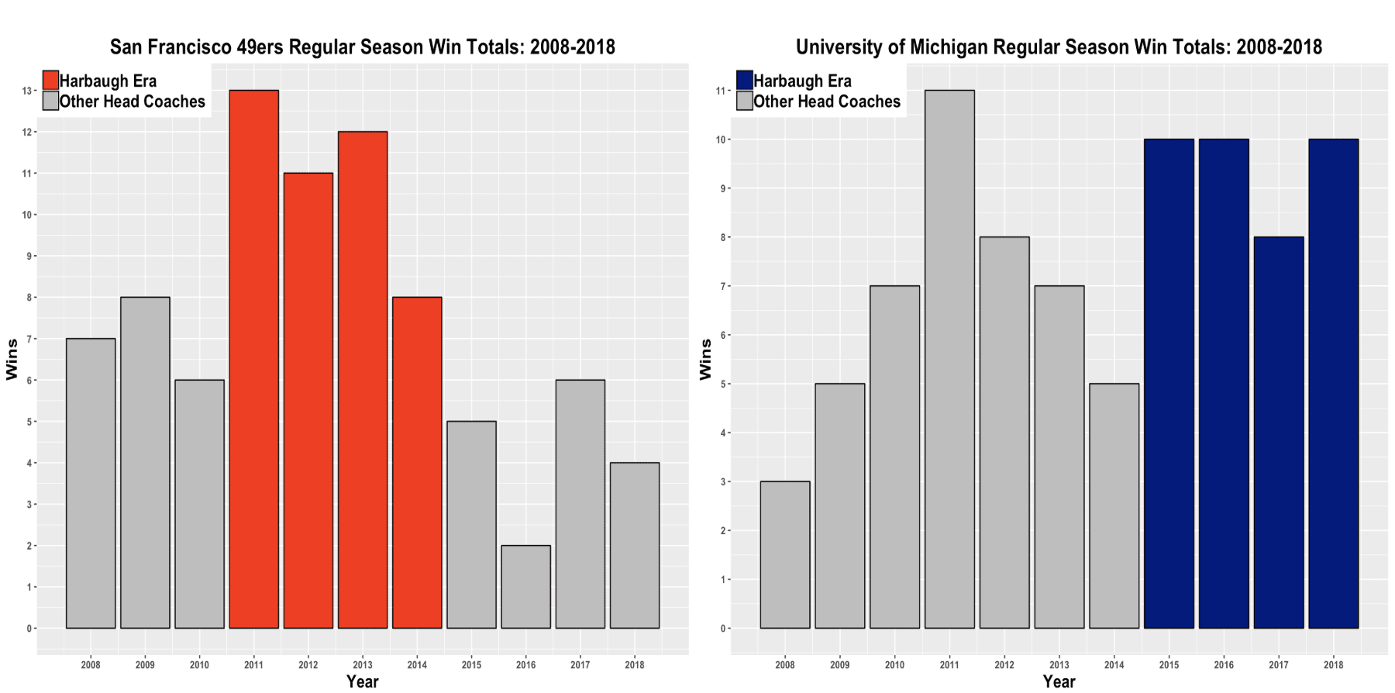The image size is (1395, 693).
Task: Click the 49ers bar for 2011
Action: pyautogui.click(x=253, y=359)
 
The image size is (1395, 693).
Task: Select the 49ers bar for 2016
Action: pyautogui.click(x=525, y=587)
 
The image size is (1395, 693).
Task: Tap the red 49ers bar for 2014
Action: pyautogui.click(x=417, y=463)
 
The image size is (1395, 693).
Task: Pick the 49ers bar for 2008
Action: pyautogui.click(x=91, y=483)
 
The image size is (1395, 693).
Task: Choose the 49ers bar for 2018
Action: pyautogui.click(x=635, y=545)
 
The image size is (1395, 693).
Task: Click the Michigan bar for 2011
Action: pyautogui.click(x=949, y=359)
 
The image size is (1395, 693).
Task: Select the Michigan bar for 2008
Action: pyautogui.click(x=785, y=555)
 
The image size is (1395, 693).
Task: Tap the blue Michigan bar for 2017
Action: pyautogui.click(x=1279, y=433)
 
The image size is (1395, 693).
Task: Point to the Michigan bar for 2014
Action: pyautogui.click(x=1114, y=506)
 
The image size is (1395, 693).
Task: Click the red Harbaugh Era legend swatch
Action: pyautogui.click(x=50, y=81)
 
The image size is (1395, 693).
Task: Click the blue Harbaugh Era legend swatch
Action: pyautogui.click(x=744, y=81)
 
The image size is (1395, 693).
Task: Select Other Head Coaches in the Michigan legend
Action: pyautogui.click(x=827, y=102)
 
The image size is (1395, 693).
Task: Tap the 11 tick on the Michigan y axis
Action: pyautogui.click(x=721, y=91)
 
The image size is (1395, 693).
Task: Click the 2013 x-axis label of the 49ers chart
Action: pyautogui.click(x=363, y=664)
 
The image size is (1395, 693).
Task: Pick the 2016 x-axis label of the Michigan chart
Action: pyautogui.click(x=1224, y=664)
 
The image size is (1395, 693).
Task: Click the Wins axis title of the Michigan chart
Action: pyautogui.click(x=705, y=359)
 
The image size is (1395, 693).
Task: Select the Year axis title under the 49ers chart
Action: pyautogui.click(x=363, y=681)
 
